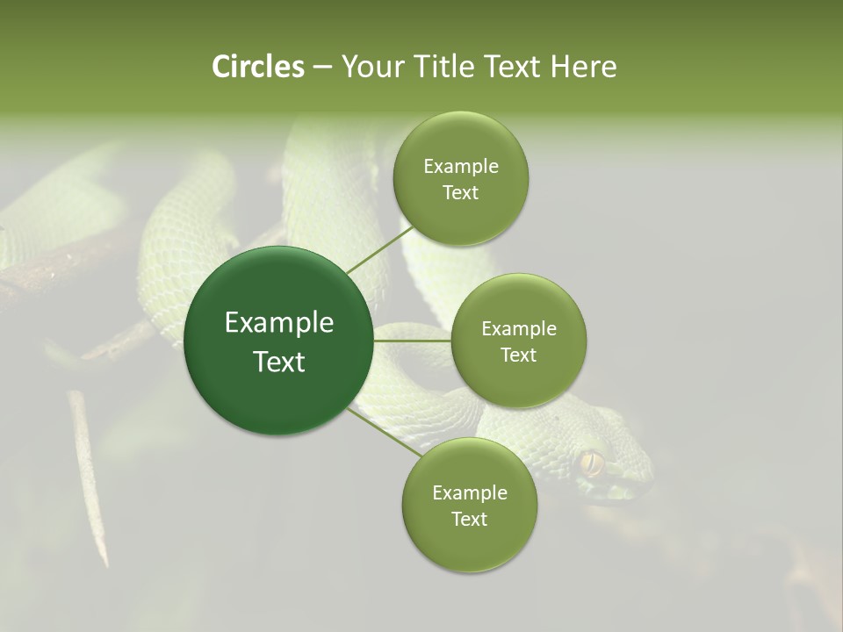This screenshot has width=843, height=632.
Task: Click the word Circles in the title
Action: [x=257, y=67]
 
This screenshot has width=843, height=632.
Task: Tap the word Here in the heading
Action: [x=583, y=67]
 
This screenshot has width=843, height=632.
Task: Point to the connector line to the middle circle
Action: [x=412, y=341]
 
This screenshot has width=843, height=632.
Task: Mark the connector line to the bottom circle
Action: [x=383, y=431]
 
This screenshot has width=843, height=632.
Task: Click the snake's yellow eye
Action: [x=591, y=462]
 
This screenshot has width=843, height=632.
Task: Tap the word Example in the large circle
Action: [x=278, y=323]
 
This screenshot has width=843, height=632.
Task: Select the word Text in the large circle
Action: [x=278, y=362]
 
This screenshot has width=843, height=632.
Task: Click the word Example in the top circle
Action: [x=460, y=166]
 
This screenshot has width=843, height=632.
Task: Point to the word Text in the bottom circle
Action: [x=469, y=519]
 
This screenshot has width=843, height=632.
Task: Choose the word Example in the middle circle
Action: [x=518, y=328]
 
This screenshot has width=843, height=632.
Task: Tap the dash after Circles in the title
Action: [x=321, y=67]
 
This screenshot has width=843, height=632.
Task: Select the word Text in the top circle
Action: [x=460, y=192]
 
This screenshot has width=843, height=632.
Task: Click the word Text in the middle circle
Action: [x=518, y=355]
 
